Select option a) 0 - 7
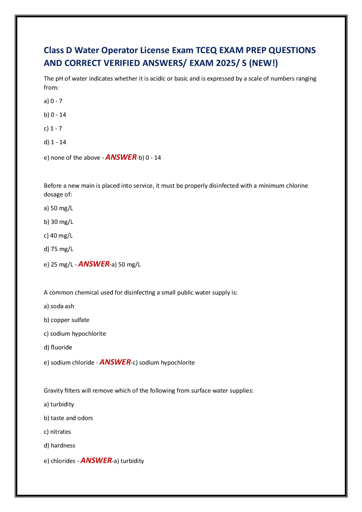[53, 101]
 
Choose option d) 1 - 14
[55, 142]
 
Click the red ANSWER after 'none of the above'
[121, 157]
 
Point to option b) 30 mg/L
[59, 222]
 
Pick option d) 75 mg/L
[59, 249]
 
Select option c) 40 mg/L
[58, 236]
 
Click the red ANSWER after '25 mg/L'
[94, 264]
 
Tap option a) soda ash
[59, 306]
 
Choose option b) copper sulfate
[66, 320]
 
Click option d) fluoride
[58, 347]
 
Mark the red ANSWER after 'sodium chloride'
[115, 362]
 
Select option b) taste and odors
[68, 418]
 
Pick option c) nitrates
[57, 432]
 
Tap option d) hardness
[59, 446]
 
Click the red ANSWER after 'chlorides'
[96, 461]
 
